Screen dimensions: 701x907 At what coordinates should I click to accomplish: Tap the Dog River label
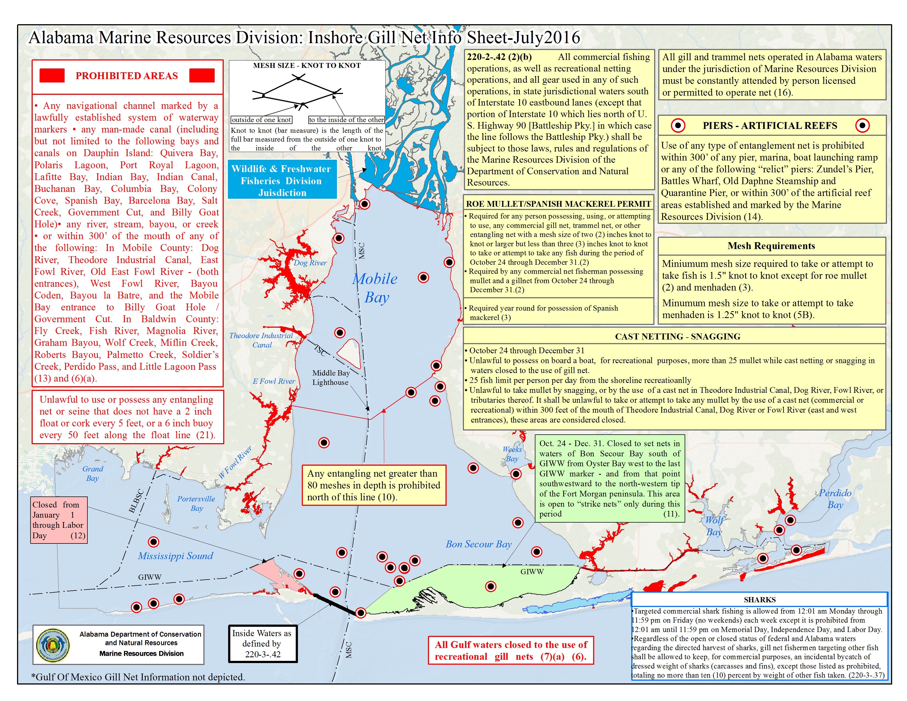click(310, 263)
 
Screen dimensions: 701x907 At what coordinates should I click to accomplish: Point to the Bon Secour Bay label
click(479, 544)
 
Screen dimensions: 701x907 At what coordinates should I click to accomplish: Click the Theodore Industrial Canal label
click(261, 340)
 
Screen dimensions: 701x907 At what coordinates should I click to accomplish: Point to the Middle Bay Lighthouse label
click(331, 377)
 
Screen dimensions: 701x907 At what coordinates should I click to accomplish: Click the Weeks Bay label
click(512, 454)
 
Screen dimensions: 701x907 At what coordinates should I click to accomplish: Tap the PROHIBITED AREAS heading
click(127, 76)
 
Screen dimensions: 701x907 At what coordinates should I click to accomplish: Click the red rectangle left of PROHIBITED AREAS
click(52, 76)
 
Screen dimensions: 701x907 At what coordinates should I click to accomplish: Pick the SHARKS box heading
click(760, 600)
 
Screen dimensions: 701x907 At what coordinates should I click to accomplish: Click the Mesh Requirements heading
click(771, 246)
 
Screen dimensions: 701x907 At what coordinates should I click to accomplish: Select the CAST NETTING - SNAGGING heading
click(677, 336)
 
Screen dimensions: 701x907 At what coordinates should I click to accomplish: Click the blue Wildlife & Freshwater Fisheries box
click(282, 181)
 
